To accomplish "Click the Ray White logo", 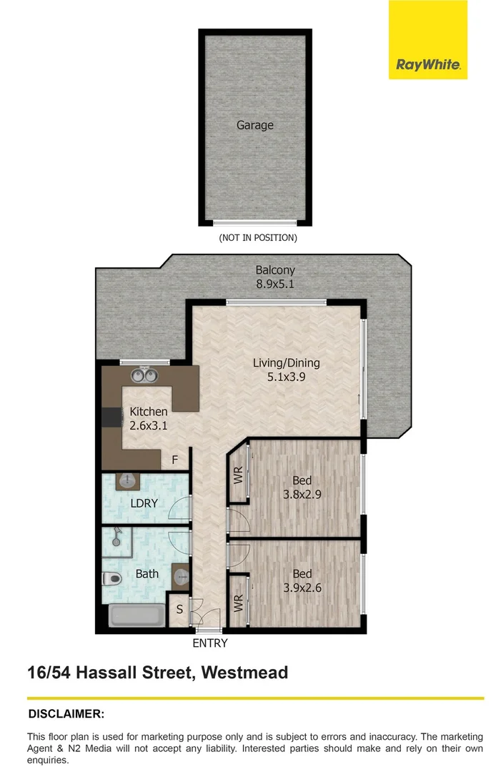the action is (x=427, y=39).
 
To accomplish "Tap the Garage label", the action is (x=255, y=125).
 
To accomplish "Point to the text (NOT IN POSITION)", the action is (x=258, y=238).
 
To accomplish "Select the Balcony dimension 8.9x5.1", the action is (x=275, y=284).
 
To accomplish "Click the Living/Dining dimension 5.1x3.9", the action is (x=287, y=377).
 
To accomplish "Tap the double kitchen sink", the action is (x=144, y=376).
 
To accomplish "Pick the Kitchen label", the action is (x=149, y=411).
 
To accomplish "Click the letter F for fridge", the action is (x=174, y=460).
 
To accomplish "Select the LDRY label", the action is (x=144, y=503).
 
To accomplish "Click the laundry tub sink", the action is (x=127, y=481).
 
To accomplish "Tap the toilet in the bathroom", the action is (x=111, y=578).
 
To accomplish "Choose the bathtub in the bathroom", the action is (x=137, y=616).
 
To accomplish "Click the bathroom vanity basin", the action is (x=181, y=577).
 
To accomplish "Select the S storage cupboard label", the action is (x=179, y=610).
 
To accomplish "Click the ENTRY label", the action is (x=210, y=643).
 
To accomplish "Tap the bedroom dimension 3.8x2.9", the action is (x=302, y=494).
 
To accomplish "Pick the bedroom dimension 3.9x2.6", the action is (x=302, y=588).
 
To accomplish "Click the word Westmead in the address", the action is (x=244, y=673).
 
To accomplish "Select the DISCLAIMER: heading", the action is (x=66, y=714).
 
